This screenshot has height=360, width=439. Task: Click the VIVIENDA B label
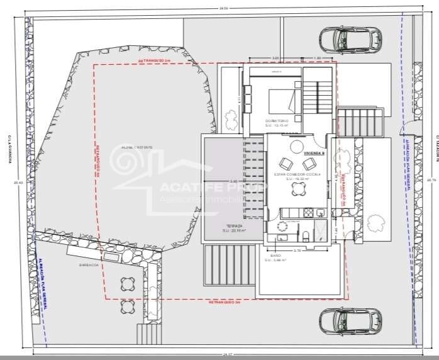tap(313, 153)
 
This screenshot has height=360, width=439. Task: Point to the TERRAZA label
tap(235, 225)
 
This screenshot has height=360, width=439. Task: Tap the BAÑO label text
tap(275, 256)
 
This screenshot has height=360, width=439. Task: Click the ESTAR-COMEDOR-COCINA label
tap(297, 174)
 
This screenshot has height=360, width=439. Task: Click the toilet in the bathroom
tap(304, 235)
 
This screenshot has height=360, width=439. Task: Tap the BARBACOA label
tap(87, 265)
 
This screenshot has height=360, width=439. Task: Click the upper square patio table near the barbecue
tap(128, 283)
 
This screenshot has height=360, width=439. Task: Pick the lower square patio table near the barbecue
tap(128, 307)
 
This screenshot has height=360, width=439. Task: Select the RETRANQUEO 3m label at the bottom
tap(224, 302)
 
